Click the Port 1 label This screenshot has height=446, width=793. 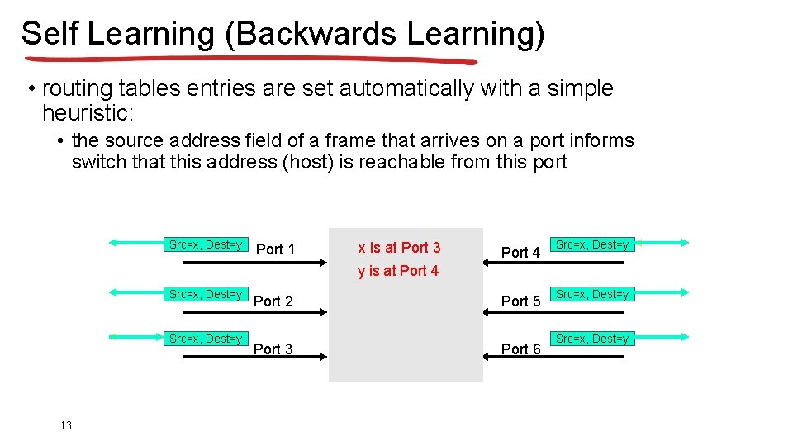[x=276, y=249]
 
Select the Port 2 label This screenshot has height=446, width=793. [x=273, y=301]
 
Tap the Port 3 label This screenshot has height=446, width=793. [x=273, y=349]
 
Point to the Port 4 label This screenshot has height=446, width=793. [x=520, y=252]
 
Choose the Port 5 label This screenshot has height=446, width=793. [x=520, y=301]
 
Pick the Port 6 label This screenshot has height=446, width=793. [x=520, y=349]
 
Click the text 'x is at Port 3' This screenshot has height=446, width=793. [x=399, y=247]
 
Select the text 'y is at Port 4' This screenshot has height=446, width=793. [x=398, y=271]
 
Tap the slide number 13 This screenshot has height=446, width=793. [x=66, y=425]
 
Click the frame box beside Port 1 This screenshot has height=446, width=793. [x=206, y=244]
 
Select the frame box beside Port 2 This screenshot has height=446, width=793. [x=206, y=294]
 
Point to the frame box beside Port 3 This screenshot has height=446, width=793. [x=206, y=339]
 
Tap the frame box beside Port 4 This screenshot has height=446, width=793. [x=591, y=244]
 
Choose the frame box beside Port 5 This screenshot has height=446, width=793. [x=591, y=294]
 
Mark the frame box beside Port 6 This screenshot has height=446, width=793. [x=591, y=339]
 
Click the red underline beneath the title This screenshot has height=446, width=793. [x=248, y=60]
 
